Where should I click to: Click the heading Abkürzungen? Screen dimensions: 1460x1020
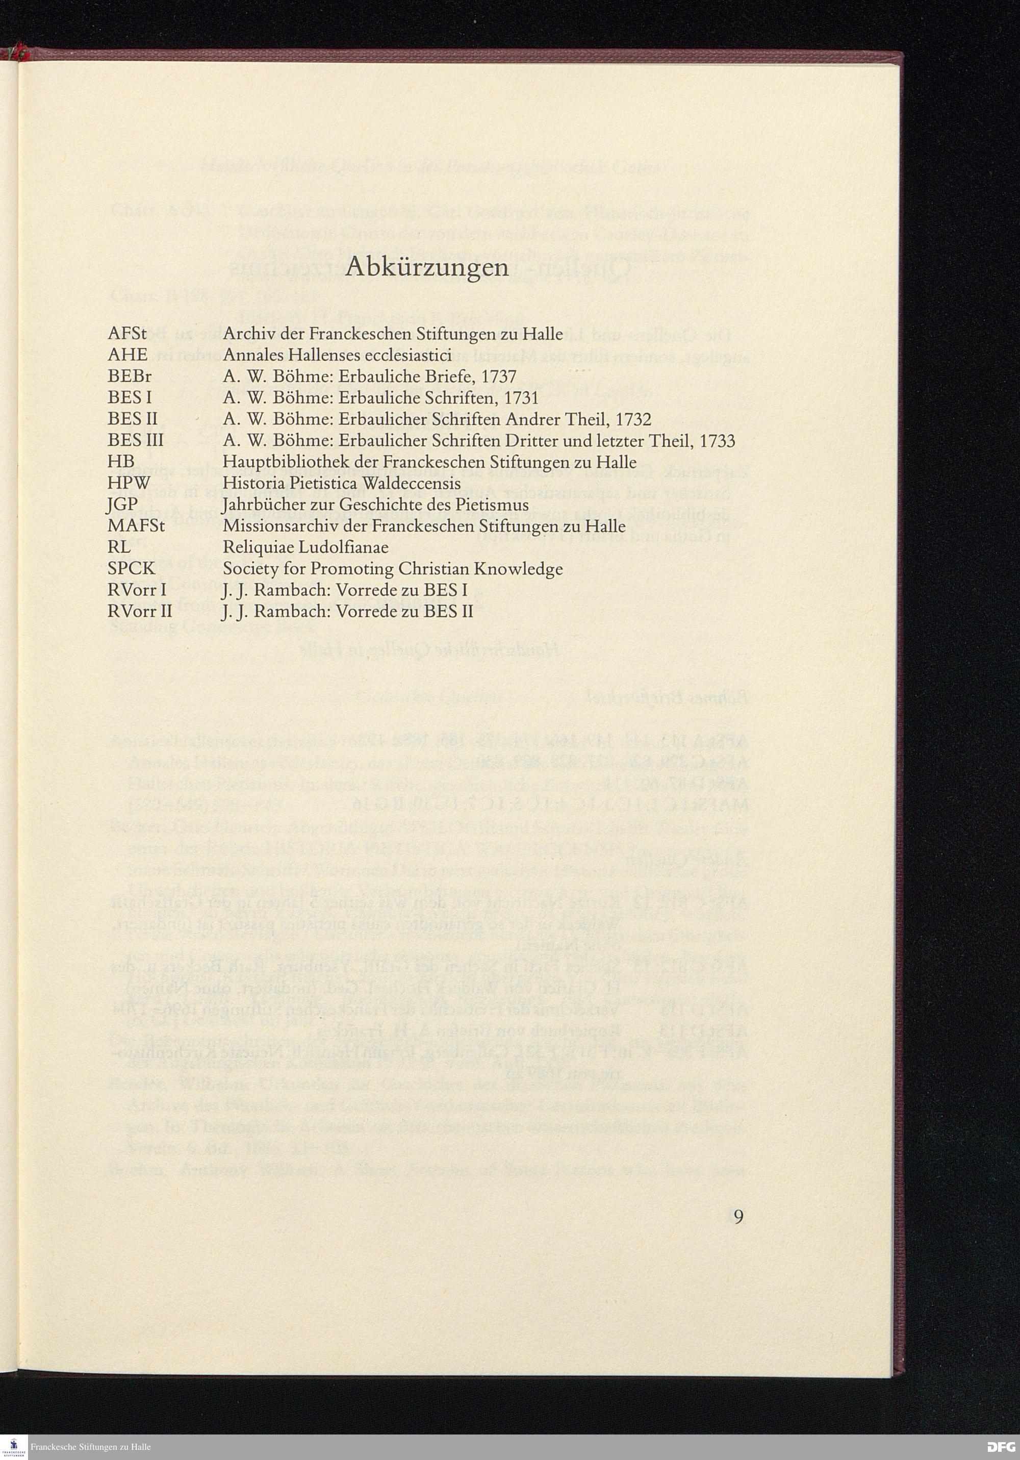click(427, 269)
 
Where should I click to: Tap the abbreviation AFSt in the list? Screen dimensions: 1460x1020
click(126, 333)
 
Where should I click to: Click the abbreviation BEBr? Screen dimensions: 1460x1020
click(129, 376)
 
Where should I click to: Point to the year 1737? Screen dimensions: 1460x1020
click(498, 376)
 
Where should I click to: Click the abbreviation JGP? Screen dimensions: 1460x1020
click(123, 505)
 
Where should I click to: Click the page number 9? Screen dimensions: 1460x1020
click(738, 1217)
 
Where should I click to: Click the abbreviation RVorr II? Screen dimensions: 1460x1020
click(140, 612)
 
